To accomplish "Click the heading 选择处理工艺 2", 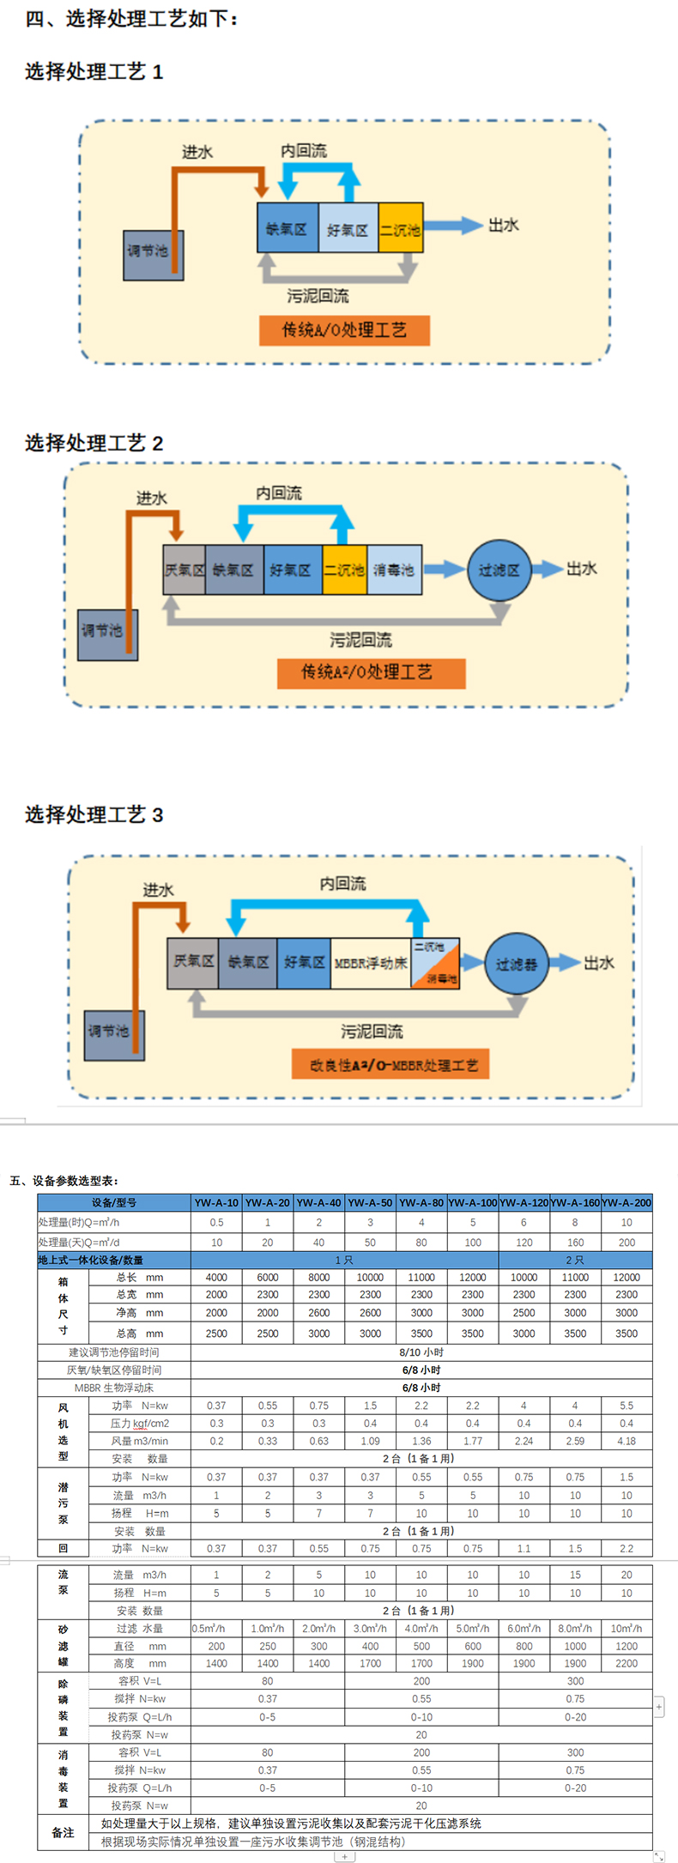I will [94, 443].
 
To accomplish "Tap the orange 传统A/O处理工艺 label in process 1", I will [344, 330].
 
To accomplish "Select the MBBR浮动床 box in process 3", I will [371, 963].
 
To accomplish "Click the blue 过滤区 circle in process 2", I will [499, 570].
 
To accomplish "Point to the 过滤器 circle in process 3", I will [517, 964].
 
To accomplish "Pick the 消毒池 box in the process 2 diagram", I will [394, 570].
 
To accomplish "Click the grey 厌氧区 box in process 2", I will [185, 570].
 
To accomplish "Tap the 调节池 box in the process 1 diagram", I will [148, 251].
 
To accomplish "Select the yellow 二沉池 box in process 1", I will [400, 228].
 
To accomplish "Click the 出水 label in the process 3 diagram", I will [598, 963].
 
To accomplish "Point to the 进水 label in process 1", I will [197, 153].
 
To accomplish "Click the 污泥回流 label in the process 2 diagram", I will [360, 640].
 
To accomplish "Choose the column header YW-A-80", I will [421, 1202].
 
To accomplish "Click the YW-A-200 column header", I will [627, 1202].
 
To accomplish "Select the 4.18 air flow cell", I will [627, 1441].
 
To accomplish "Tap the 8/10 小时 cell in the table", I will [421, 1352].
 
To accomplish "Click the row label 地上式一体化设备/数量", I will [91, 1260].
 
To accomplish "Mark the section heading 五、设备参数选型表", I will [64, 1181].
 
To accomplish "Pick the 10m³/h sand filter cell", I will [627, 1628].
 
